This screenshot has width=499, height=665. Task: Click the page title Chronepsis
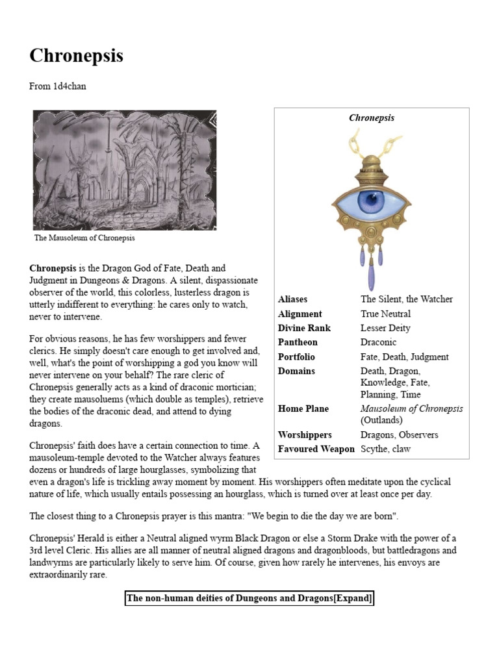tap(76, 56)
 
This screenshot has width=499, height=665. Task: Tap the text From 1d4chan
tap(58, 86)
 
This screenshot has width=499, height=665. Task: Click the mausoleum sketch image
tap(125, 170)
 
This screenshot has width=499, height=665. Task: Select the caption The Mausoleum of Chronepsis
tap(84, 238)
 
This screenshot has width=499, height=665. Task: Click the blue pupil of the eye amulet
tap(372, 200)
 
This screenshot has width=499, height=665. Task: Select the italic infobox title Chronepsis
tap(372, 118)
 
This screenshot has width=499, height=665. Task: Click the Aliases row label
tap(292, 299)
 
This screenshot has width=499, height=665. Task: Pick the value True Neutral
tap(385, 314)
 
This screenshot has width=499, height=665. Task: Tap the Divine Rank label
tap(304, 328)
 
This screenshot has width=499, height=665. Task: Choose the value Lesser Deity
tap(385, 328)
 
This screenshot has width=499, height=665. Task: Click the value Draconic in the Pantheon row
tap(378, 342)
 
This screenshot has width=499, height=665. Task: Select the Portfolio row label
tap(296, 357)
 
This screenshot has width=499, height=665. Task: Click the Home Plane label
tap(303, 408)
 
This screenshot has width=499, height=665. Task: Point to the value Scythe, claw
tap(386, 449)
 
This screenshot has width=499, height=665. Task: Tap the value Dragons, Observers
tap(399, 434)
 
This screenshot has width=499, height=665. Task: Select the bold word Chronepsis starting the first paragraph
tap(53, 268)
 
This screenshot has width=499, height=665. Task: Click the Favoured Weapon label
tap(316, 449)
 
